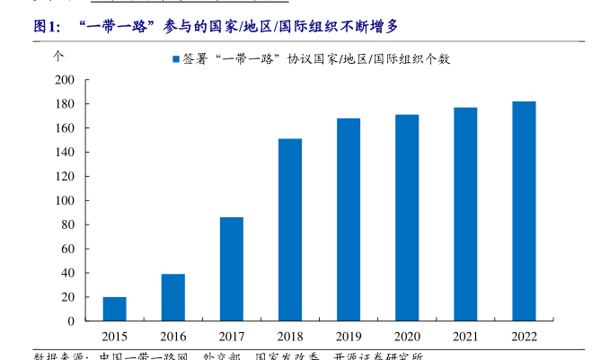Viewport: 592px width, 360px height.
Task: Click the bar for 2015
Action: click(114, 309)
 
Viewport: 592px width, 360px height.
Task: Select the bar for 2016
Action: click(173, 297)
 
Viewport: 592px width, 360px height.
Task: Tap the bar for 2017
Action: click(232, 269)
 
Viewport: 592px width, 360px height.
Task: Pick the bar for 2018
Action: click(290, 230)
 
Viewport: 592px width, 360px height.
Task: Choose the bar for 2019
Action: click(349, 220)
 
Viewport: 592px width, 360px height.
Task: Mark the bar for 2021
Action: click(465, 215)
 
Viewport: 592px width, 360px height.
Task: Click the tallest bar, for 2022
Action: click(524, 211)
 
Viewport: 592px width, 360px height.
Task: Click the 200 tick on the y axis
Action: click(64, 80)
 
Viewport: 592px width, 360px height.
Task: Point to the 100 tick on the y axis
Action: click(64, 200)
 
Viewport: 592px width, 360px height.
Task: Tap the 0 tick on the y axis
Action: click(70, 320)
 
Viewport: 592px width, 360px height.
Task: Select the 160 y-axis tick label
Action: click(64, 128)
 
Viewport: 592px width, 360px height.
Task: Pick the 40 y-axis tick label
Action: click(67, 273)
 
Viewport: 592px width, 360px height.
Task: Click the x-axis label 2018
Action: click(290, 337)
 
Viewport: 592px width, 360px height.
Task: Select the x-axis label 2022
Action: click(524, 337)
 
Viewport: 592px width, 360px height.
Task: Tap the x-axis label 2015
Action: click(114, 337)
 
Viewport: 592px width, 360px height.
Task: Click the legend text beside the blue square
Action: click(314, 59)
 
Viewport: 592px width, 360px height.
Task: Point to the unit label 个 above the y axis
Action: click(59, 55)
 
